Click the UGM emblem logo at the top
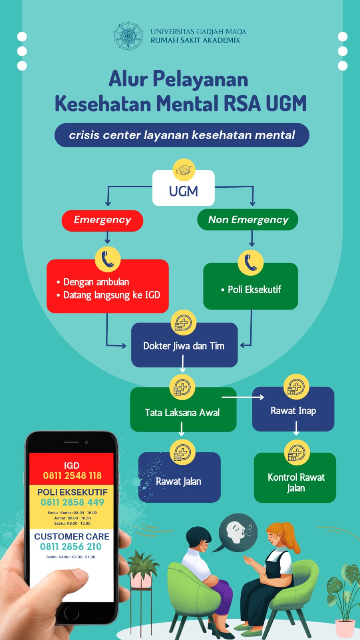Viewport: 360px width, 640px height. [128, 36]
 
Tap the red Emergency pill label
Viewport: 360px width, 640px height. [103, 220]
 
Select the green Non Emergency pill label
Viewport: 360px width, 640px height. [247, 220]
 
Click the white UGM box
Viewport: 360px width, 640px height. [183, 191]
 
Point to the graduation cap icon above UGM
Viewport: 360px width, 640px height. [184, 170]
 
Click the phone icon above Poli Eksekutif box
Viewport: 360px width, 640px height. [251, 263]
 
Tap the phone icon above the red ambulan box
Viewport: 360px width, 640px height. [107, 259]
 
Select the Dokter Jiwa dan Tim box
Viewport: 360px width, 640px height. [184, 346]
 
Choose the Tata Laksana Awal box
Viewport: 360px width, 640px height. [183, 412]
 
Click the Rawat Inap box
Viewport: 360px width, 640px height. [293, 411]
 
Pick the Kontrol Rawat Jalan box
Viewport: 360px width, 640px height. [296, 482]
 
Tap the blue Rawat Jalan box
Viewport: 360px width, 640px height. [179, 481]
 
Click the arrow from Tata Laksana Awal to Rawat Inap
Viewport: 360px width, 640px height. [243, 397]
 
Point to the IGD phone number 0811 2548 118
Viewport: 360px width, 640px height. [72, 475]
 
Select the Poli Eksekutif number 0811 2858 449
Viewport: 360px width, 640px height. [72, 502]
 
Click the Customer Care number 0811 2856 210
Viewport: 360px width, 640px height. [71, 547]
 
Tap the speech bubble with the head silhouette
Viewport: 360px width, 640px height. [238, 532]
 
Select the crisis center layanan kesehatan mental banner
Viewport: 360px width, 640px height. [182, 135]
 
